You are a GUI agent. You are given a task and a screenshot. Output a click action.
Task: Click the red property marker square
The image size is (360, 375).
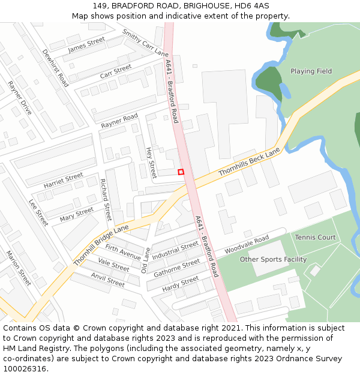click(x=181, y=172)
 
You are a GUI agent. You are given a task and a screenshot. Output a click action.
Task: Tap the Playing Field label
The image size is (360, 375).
click(x=311, y=71)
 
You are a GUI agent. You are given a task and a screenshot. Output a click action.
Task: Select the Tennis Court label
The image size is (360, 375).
click(x=315, y=238)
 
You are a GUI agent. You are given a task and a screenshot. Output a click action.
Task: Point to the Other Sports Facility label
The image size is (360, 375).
click(x=273, y=260)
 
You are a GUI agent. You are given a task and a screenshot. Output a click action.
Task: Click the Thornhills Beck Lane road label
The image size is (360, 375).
click(x=249, y=162)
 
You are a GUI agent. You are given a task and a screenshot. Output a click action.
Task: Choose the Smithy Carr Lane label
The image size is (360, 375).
click(x=145, y=43)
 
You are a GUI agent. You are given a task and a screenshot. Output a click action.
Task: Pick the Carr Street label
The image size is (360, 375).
click(x=115, y=71)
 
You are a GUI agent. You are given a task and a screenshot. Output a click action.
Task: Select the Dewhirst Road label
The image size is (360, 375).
click(x=55, y=68)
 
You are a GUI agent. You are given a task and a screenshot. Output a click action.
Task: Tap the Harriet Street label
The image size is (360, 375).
click(x=63, y=181)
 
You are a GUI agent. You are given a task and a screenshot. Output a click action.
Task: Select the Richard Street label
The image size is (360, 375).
click(x=106, y=199)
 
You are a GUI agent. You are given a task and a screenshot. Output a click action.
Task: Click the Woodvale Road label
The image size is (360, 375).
click(x=246, y=245)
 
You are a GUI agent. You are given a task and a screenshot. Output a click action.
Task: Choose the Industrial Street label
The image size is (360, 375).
click(x=175, y=251)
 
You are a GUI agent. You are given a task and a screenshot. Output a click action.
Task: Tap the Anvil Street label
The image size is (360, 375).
click(x=107, y=279)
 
